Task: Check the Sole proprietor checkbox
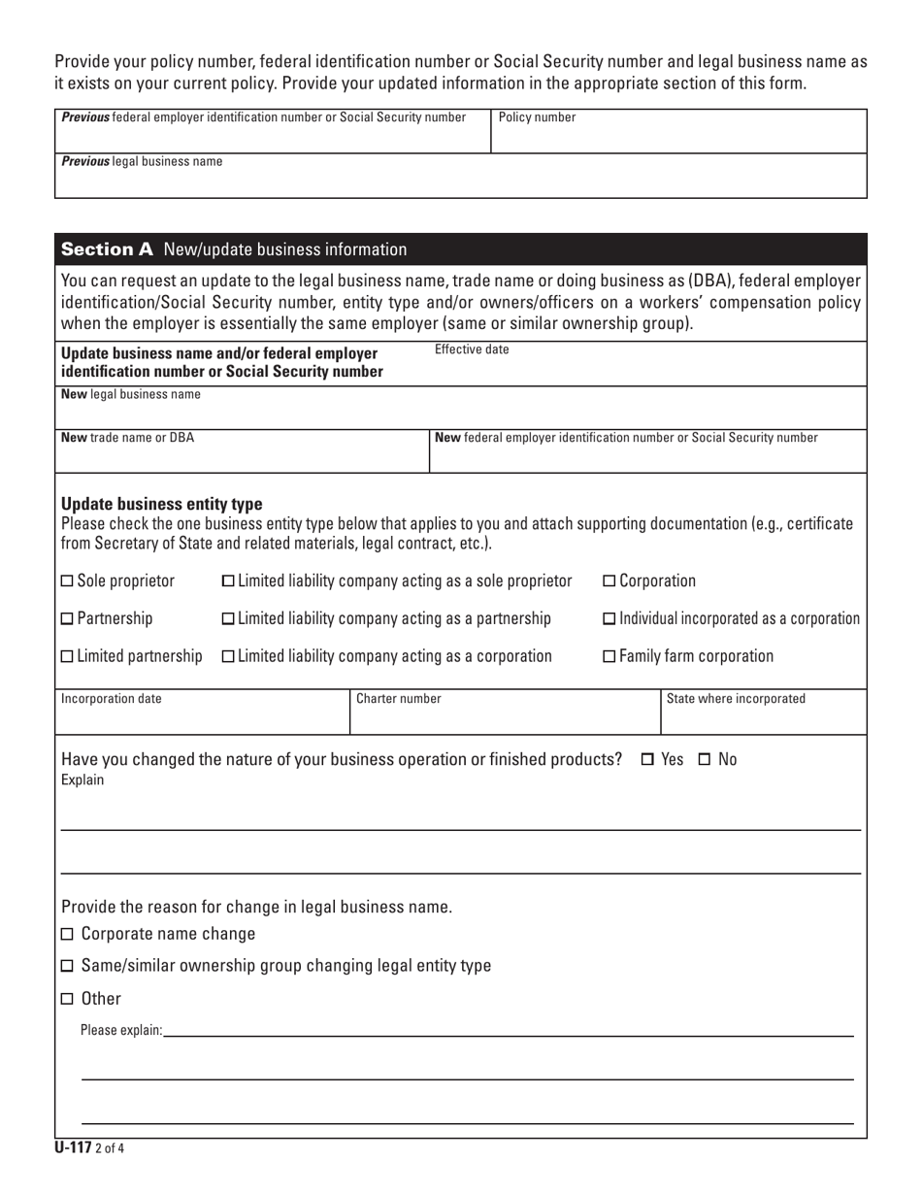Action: (x=67, y=581)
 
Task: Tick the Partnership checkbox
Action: (x=67, y=619)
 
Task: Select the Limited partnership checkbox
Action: (x=67, y=657)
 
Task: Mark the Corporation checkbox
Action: (x=609, y=581)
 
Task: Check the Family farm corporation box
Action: (x=609, y=657)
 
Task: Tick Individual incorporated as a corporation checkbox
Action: (x=609, y=619)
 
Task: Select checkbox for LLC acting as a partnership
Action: (x=228, y=619)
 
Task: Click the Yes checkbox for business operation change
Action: (x=648, y=759)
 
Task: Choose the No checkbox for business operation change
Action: (x=706, y=759)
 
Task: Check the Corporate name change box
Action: (x=67, y=935)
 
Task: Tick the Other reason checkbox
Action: (x=67, y=999)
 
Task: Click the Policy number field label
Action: (x=537, y=118)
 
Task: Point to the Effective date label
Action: (x=472, y=349)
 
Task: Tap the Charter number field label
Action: (x=399, y=699)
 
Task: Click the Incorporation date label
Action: (x=112, y=699)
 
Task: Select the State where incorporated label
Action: (x=736, y=699)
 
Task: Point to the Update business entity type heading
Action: (x=161, y=505)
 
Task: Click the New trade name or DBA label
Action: (x=127, y=438)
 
